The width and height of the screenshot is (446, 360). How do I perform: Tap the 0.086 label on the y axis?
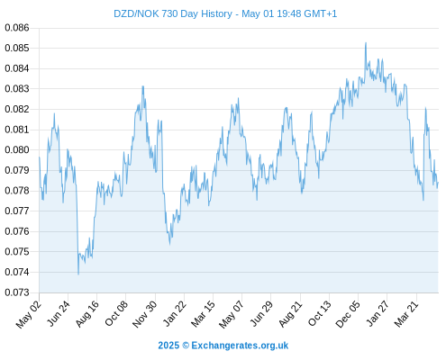coord(17,28)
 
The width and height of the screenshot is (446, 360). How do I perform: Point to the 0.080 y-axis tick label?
coord(17,149)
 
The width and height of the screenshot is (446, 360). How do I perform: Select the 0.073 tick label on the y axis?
coord(17,292)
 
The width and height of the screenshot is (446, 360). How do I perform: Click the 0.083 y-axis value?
coord(17,89)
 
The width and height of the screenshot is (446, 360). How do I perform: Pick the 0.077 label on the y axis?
coord(17,211)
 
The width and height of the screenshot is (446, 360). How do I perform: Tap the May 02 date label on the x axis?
coord(29,314)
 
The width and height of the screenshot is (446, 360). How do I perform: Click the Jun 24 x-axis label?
coord(59,313)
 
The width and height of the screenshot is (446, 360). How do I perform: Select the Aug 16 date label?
coord(87,313)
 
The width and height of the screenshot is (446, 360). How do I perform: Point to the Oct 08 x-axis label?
coord(116,313)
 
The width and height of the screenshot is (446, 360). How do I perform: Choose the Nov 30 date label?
coord(145,314)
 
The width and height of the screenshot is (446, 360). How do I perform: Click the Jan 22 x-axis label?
coord(175,313)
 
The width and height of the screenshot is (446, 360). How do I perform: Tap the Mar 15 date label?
coord(204,313)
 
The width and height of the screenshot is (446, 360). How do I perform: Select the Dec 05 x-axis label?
coord(348,314)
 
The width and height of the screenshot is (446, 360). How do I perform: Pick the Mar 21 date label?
coord(406,313)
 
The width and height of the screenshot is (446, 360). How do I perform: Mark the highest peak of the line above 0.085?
coord(366,42)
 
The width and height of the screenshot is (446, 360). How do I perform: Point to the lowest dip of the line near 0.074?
coord(78,274)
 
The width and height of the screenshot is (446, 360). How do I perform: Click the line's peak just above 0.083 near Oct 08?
coord(143,86)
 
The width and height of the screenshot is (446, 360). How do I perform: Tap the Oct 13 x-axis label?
coord(319,313)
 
